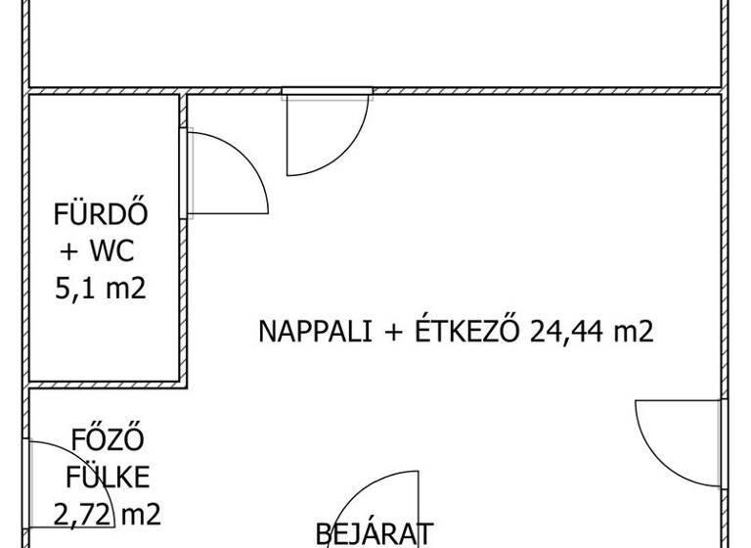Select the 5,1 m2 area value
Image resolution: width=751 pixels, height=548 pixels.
pos(101,288)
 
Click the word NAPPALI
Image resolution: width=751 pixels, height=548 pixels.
pos(315,331)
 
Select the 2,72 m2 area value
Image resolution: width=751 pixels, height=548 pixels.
pos(107,515)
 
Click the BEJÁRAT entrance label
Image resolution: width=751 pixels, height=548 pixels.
pos(375,534)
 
